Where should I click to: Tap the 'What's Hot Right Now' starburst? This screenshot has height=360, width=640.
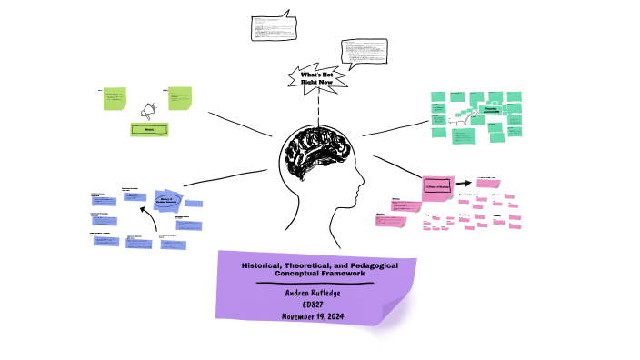coord(317,77)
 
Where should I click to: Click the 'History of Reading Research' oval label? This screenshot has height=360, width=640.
coord(165,203)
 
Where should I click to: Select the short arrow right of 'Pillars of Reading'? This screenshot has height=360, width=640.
coord(464,183)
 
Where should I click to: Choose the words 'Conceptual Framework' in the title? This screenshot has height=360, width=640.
coord(315,273)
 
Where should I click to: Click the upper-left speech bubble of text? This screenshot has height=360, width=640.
coord(273,27)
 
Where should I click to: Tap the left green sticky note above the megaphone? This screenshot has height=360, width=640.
coord(115,98)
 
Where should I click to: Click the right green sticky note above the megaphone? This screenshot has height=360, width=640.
coord(180,97)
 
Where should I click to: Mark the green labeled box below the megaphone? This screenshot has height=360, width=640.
coord(150,130)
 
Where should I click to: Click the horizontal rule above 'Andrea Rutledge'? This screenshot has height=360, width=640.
coord(315,284)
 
